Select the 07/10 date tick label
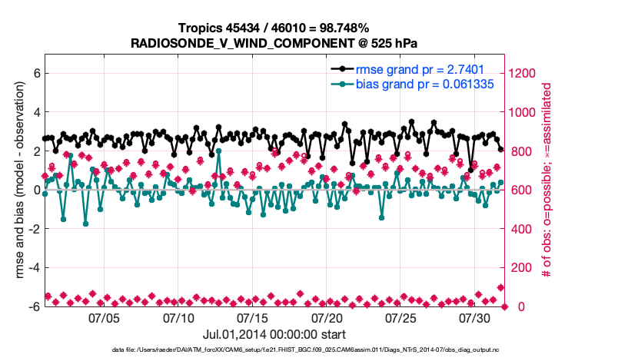pyautogui.click(x=178, y=317)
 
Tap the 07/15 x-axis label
pyautogui.click(x=253, y=317)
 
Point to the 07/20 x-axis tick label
pyautogui.click(x=327, y=317)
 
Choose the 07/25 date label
pyautogui.click(x=400, y=317)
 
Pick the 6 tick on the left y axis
pyautogui.click(x=35, y=74)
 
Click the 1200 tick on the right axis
pyautogui.click(x=524, y=74)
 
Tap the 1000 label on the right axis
pyautogui.click(x=524, y=113)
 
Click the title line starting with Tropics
pyautogui.click(x=274, y=28)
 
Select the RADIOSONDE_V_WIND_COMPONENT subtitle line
pyautogui.click(x=274, y=42)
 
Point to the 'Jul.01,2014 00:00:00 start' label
pyautogui.click(x=274, y=334)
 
